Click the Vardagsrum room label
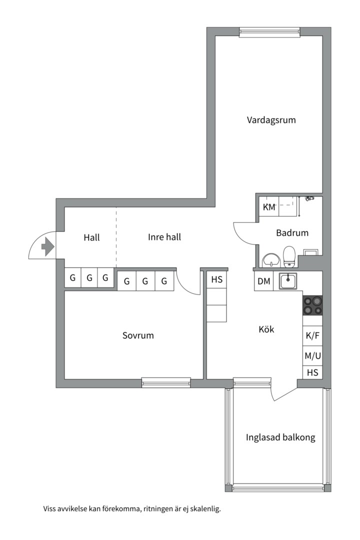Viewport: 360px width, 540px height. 271,120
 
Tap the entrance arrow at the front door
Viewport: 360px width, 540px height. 48,246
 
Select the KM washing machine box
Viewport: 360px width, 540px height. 269,207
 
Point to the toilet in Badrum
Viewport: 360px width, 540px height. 289,257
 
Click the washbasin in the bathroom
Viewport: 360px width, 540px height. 271,260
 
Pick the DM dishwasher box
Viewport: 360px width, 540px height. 263,281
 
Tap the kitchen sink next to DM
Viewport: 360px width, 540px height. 288,281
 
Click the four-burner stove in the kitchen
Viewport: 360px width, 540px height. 312,305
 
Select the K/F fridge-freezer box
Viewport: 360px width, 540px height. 312,336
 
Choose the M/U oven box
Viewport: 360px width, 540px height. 312,356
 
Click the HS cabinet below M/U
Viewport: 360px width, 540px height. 312,372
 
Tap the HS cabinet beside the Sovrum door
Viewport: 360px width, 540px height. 217,280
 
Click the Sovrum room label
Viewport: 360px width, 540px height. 138,335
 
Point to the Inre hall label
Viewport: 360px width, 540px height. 164,237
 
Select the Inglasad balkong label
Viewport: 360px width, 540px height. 280,437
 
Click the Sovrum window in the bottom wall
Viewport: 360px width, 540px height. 166,382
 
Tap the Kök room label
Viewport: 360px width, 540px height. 266,329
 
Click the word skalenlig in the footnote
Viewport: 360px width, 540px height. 204,509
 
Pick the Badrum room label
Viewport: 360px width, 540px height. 292,232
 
